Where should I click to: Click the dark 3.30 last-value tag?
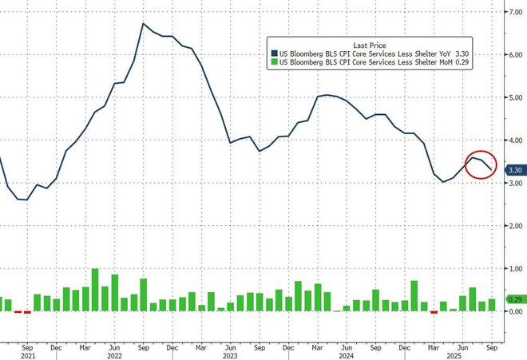point(515,169)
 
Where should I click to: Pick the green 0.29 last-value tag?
point(515,299)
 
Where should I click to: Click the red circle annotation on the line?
point(481,164)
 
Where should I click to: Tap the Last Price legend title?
point(368,44)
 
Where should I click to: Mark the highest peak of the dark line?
point(143,24)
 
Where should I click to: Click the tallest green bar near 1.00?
point(96,290)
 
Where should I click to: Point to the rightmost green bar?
point(491,305)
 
